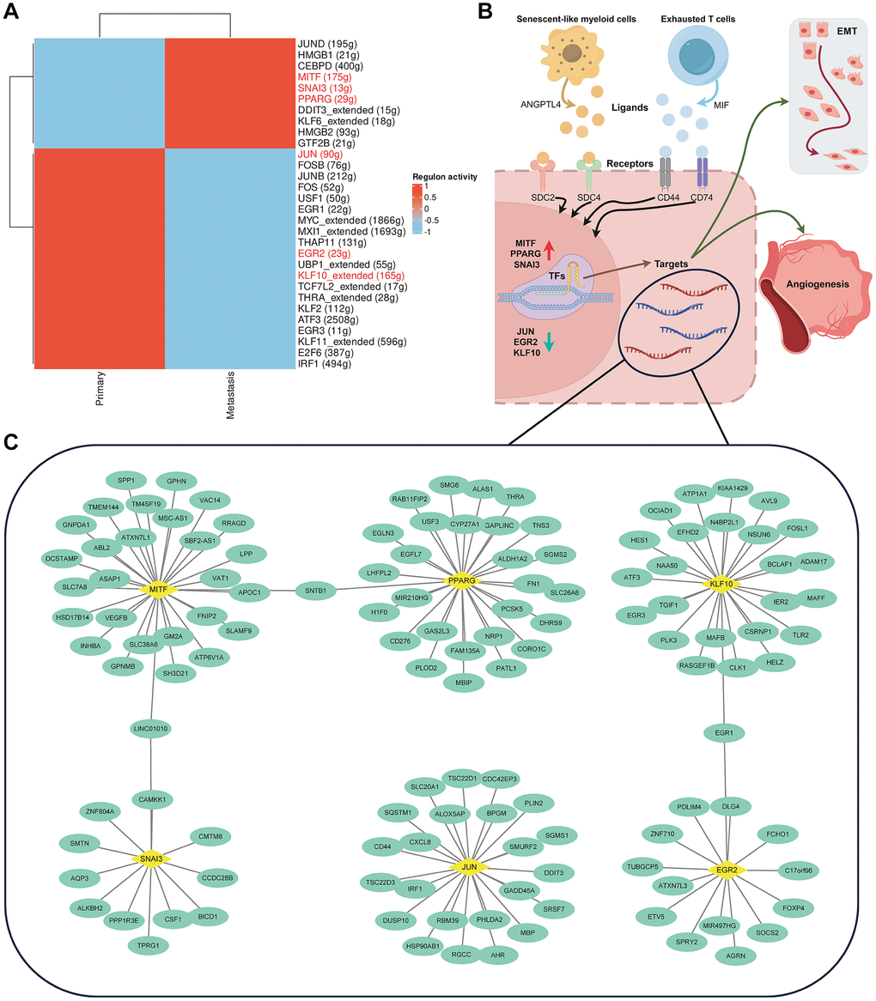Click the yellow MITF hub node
tap(156, 590)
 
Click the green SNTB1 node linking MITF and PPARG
tap(314, 591)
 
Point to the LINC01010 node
tap(151, 729)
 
